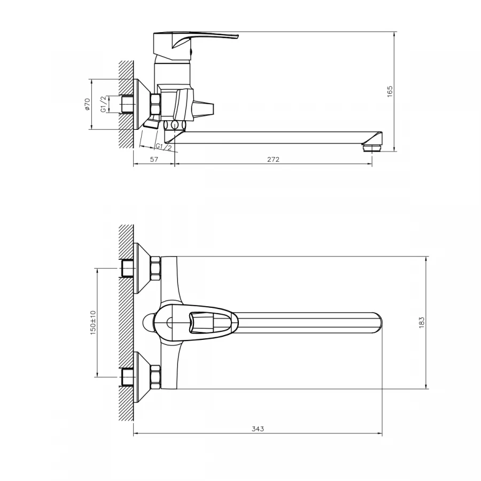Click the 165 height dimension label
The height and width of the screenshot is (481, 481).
pyautogui.click(x=390, y=91)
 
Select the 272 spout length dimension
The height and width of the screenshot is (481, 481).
pyautogui.click(x=274, y=159)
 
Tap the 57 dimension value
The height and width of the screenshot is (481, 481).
pyautogui.click(x=153, y=159)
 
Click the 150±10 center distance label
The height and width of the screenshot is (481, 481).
pyautogui.click(x=92, y=322)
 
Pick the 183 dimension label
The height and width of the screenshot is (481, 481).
pyautogui.click(x=421, y=322)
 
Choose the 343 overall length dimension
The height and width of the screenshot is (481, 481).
pyautogui.click(x=258, y=429)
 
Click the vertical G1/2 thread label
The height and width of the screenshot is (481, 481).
pyautogui.click(x=104, y=105)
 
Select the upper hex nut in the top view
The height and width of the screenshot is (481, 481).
pyautogui.click(x=156, y=268)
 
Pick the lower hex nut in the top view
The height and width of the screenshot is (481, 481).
pyautogui.click(x=156, y=376)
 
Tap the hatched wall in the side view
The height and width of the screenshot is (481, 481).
pyautogui.click(x=126, y=104)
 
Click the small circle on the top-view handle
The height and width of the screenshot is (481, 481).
pyautogui.click(x=169, y=322)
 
